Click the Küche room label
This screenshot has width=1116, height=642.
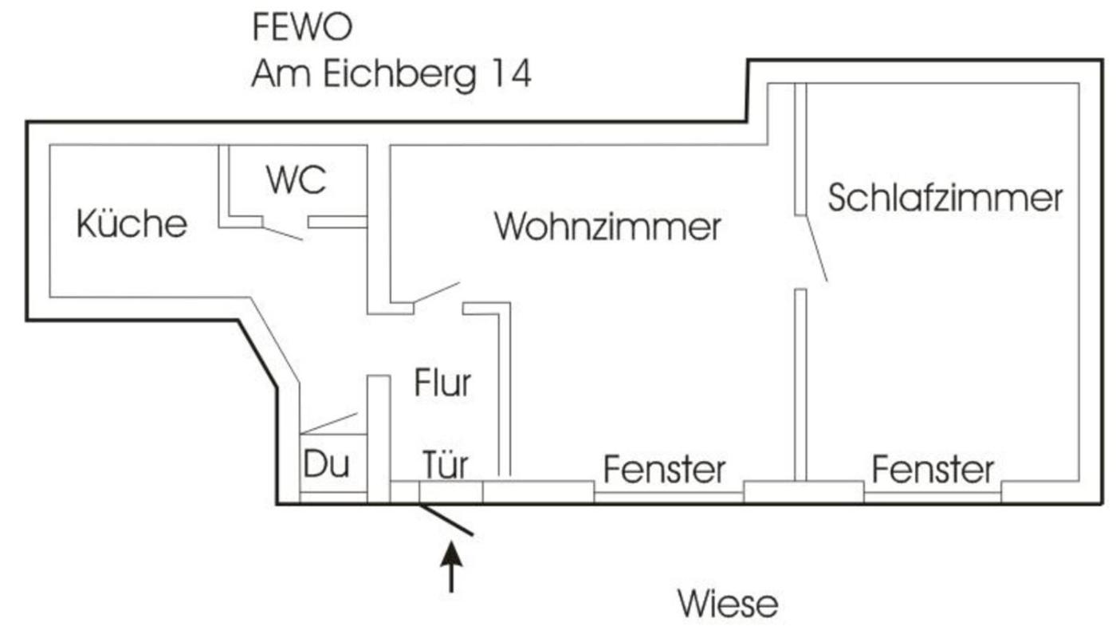click(x=132, y=224)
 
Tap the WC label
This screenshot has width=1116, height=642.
click(x=297, y=181)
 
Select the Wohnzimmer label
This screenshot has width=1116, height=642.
click(x=607, y=226)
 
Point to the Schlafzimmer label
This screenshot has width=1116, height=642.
click(x=945, y=198)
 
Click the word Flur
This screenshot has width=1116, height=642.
click(x=442, y=384)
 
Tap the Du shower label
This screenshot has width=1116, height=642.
click(x=327, y=465)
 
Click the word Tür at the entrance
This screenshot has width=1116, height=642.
click(x=445, y=465)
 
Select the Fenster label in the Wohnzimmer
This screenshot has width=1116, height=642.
click(x=664, y=469)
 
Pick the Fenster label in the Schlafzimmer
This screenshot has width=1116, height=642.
click(x=933, y=469)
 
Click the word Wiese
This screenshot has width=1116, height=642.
click(x=728, y=604)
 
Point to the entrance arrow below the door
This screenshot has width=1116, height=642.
click(x=452, y=566)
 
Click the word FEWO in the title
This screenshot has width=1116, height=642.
click(x=301, y=28)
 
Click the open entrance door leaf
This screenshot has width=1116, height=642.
click(x=446, y=519)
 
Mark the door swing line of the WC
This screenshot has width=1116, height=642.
click(x=283, y=233)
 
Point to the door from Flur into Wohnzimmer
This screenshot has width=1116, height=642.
click(x=436, y=293)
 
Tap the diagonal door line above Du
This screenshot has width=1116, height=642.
click(x=329, y=423)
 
